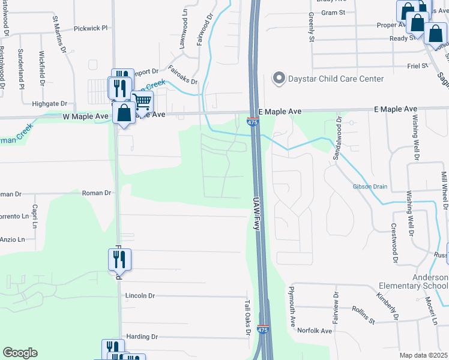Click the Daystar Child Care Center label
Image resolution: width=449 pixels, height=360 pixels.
(337, 79)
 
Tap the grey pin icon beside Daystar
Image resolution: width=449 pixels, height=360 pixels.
(279, 78)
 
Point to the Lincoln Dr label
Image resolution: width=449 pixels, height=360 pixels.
(140, 296)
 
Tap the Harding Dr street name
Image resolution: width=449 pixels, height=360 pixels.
(142, 337)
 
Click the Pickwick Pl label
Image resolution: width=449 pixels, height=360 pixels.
(90, 28)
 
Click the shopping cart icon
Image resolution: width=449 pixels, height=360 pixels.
(142, 102)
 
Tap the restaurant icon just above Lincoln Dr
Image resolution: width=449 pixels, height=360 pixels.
(119, 259)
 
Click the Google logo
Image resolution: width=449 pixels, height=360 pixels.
(20, 353)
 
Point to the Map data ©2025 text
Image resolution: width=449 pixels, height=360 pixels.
(424, 355)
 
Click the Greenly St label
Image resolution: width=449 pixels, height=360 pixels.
(312, 28)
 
